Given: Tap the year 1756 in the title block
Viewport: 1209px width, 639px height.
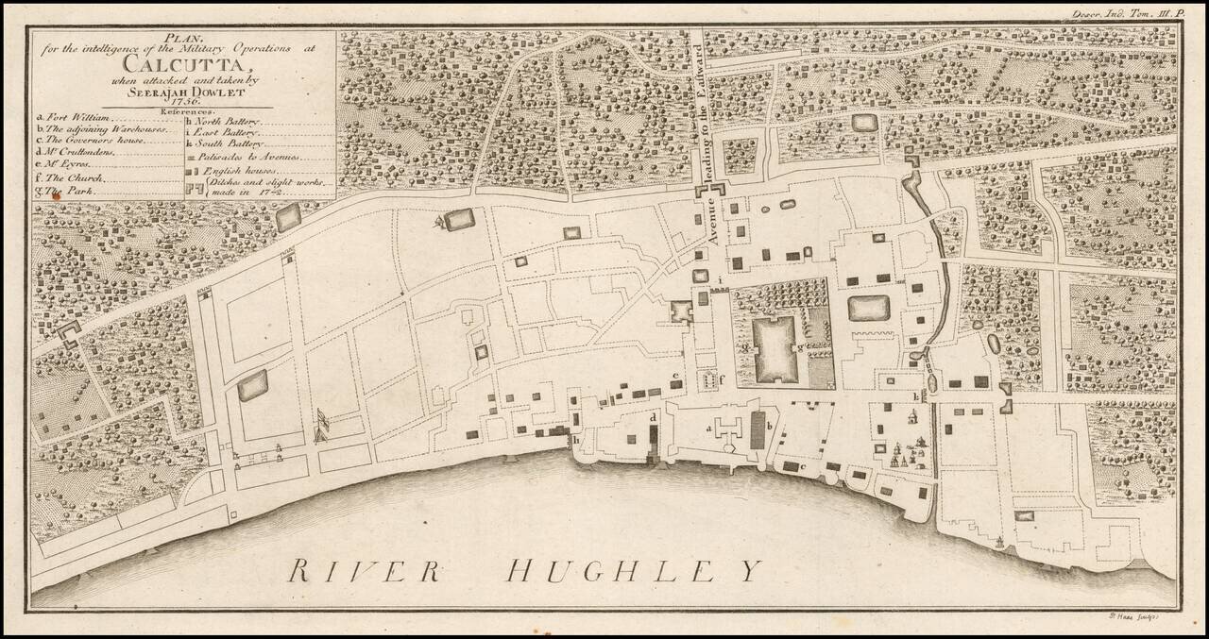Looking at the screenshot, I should click(x=181, y=102).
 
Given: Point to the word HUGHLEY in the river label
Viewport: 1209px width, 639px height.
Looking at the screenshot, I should click(x=633, y=570).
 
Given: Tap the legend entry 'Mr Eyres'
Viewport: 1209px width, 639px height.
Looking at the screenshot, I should click(x=69, y=162).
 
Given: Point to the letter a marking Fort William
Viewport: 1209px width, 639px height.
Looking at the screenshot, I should click(x=707, y=428).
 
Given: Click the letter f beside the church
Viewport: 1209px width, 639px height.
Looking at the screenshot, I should click(x=723, y=379).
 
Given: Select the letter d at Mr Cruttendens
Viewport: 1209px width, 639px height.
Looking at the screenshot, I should click(x=653, y=416).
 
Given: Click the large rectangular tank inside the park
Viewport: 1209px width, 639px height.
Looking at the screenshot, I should click(x=783, y=349).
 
